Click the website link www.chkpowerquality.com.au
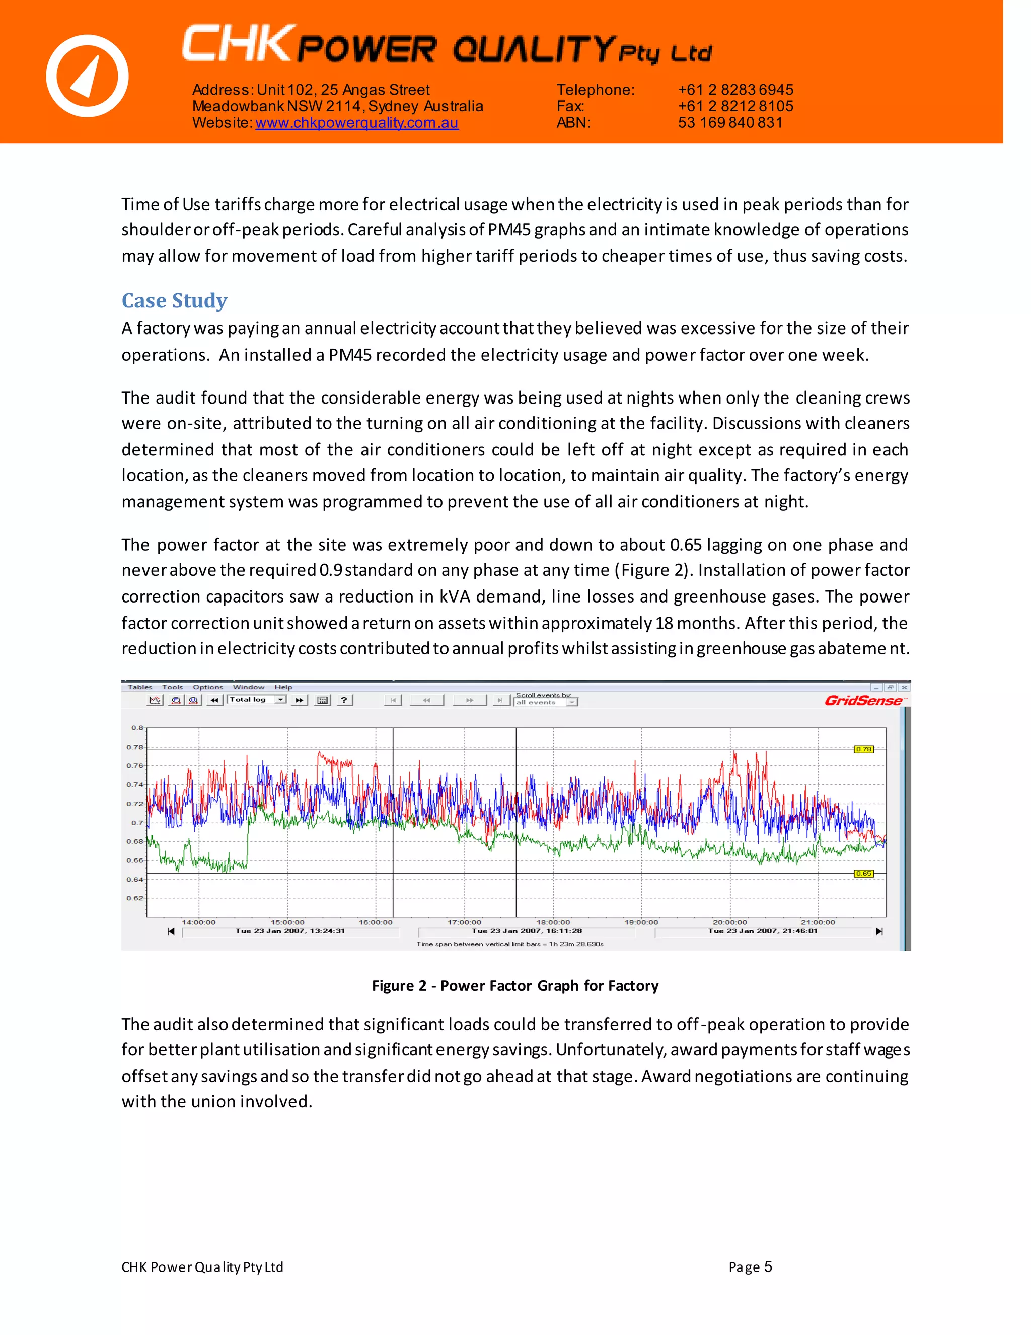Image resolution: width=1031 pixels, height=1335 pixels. pyautogui.click(x=357, y=123)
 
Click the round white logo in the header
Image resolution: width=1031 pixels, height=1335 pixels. pyautogui.click(x=87, y=76)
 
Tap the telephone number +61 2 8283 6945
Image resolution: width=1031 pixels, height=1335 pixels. pyautogui.click(x=735, y=90)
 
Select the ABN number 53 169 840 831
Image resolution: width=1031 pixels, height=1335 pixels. pyautogui.click(x=730, y=123)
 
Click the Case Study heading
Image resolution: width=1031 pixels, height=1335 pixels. pyautogui.click(x=174, y=301)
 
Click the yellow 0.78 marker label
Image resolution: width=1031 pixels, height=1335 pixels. pyautogui.click(x=863, y=749)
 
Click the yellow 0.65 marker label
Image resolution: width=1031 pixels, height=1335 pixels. pyautogui.click(x=863, y=874)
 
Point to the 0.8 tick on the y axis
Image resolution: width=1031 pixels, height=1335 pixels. pyautogui.click(x=137, y=728)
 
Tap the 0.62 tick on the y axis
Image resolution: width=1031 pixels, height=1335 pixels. pyautogui.click(x=135, y=898)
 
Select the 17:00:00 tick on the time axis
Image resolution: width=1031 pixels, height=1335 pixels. pyautogui.click(x=464, y=922)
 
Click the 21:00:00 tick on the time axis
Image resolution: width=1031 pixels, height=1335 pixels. pyautogui.click(x=818, y=922)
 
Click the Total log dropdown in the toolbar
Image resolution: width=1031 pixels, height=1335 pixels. pyautogui.click(x=257, y=700)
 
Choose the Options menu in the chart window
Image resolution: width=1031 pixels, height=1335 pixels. pyautogui.click(x=208, y=687)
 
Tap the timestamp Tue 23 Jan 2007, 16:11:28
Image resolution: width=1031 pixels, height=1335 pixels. pyautogui.click(x=527, y=931)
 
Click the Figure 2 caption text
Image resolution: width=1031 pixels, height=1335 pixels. pyautogui.click(x=515, y=986)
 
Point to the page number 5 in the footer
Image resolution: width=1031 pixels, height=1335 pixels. pyautogui.click(x=768, y=1267)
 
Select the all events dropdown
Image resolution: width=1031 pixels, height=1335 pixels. pyautogui.click(x=545, y=703)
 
